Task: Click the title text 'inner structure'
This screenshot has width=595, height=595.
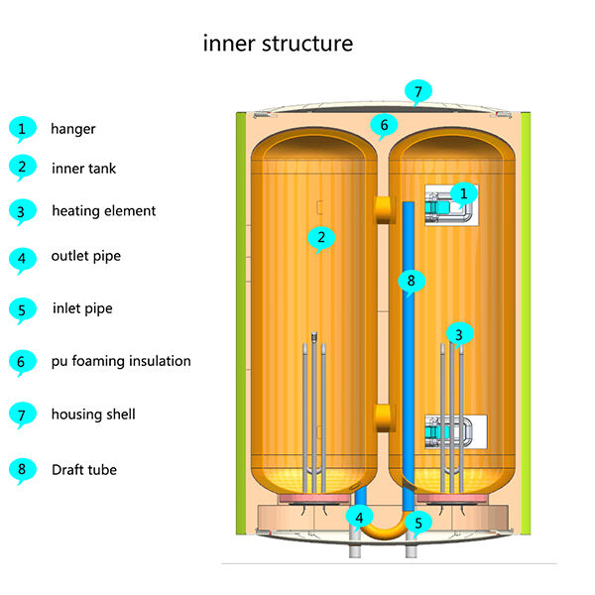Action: [278, 44]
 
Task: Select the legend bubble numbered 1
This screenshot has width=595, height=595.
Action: [20, 128]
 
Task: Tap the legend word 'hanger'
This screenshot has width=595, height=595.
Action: [73, 128]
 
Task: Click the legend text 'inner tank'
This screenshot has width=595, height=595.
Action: [83, 169]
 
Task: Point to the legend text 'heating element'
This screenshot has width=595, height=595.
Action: [103, 210]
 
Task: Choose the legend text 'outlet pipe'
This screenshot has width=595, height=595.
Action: [85, 256]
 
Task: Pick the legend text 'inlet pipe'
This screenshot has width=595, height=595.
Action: [82, 308]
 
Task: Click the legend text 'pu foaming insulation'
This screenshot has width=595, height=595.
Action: [121, 361]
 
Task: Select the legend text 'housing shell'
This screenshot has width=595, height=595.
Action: [93, 415]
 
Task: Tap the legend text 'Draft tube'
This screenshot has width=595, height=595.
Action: [84, 469]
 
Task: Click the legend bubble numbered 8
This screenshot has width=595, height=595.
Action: [20, 469]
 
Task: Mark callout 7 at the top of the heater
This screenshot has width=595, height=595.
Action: [417, 92]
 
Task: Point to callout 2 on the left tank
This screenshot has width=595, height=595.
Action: [319, 237]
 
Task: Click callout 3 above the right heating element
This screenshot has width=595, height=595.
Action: [457, 333]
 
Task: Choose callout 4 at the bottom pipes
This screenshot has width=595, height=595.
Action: [358, 517]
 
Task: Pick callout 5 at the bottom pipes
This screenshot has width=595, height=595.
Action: [417, 522]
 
